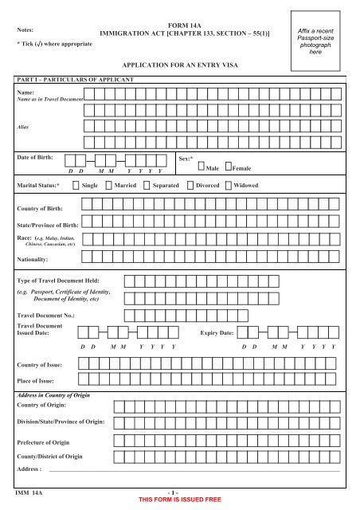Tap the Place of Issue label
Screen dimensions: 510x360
[36, 381]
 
